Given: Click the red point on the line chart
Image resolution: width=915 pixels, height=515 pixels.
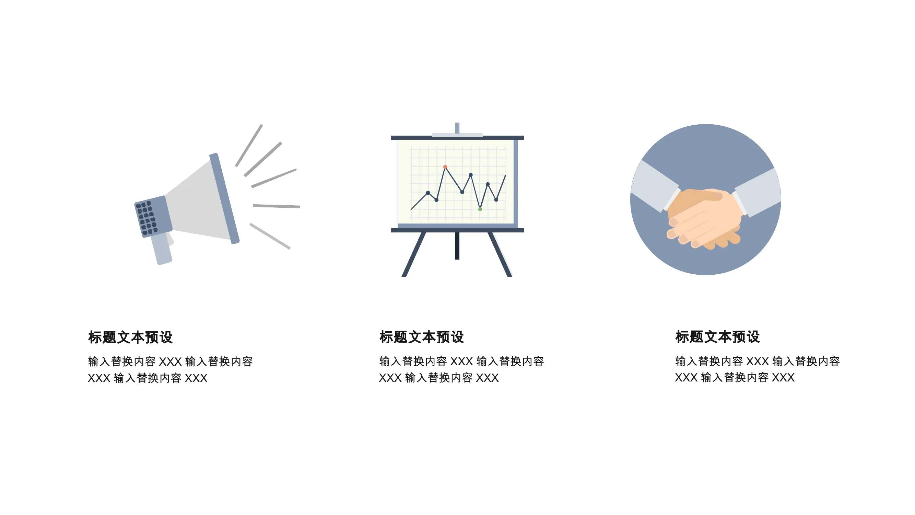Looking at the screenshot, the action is (445, 167).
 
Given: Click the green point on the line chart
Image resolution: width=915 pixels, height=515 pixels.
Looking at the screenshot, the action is (480, 209).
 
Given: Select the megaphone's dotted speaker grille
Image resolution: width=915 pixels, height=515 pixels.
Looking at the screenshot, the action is (146, 218).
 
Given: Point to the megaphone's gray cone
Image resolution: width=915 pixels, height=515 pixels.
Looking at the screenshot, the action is (199, 203).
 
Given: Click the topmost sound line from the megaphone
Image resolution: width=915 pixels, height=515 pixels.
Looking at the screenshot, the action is (249, 145).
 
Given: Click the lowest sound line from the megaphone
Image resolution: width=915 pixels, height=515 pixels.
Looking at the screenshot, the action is (270, 236).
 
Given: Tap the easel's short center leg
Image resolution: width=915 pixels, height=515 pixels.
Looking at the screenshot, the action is (457, 245).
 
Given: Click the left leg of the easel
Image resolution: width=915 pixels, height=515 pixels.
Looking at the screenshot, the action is (414, 254).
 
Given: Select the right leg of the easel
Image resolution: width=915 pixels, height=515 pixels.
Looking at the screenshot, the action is (500, 254).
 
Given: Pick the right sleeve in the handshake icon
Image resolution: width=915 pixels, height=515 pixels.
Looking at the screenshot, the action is (758, 192).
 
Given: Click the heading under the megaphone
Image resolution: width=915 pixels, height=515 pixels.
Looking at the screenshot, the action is (130, 337).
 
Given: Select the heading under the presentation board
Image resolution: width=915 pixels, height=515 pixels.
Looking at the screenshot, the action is (422, 337).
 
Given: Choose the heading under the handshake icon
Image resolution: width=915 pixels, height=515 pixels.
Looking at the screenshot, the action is (717, 336).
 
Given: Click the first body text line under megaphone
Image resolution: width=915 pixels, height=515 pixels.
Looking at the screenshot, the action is (171, 362).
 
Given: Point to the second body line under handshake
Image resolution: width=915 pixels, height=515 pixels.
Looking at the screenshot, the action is (735, 377).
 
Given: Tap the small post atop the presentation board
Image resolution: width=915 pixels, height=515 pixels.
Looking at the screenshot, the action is (457, 128).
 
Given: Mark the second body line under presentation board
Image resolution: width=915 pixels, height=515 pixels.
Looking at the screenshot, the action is (439, 377).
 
